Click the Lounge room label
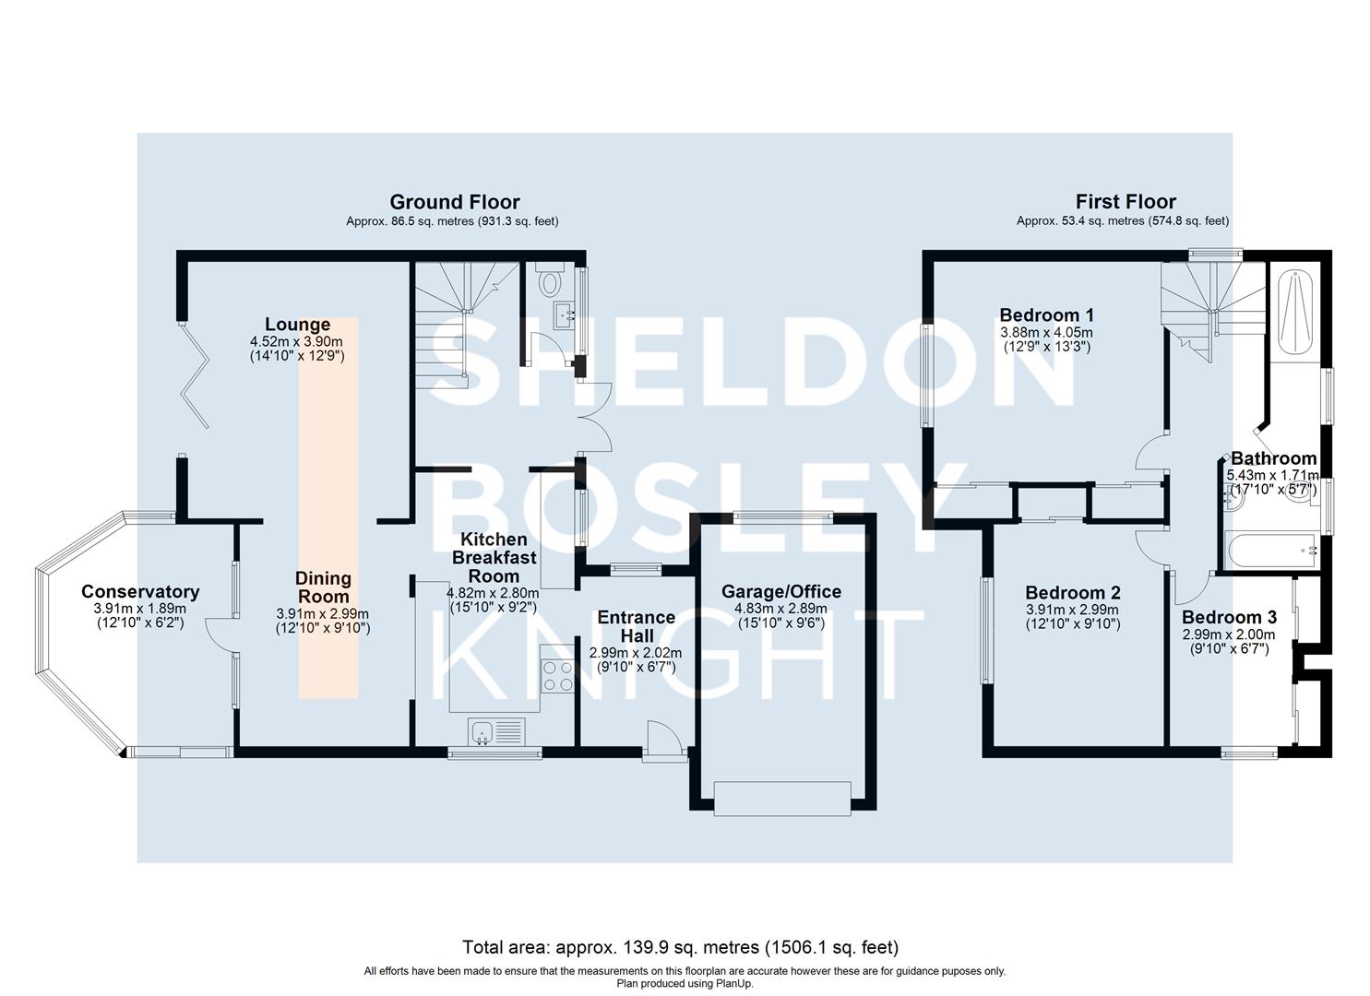[x=297, y=325]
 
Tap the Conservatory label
[x=140, y=592]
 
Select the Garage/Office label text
[x=780, y=592]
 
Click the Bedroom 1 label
[x=1046, y=315]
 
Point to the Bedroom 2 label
[x=1072, y=593]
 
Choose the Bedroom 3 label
[x=1229, y=618]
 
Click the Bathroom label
[x=1273, y=458]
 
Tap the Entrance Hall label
[x=636, y=626]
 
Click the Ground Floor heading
[x=454, y=202]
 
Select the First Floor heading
[x=1126, y=202]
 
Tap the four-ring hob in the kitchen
[x=558, y=676]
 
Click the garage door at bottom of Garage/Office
[x=781, y=798]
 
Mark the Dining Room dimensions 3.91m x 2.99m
[x=322, y=613]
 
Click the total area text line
[x=680, y=947]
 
